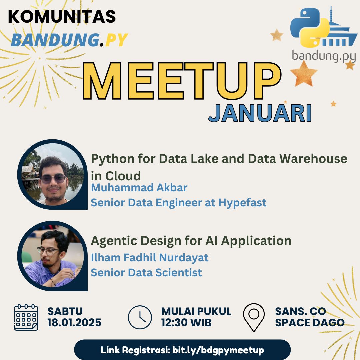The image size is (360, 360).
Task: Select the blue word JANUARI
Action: [260, 114]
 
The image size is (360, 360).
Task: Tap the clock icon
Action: [140, 317]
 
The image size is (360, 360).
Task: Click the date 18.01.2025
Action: [74, 323]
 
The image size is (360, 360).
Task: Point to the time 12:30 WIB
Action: [186, 323]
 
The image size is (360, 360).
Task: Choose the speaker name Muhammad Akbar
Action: [139, 188]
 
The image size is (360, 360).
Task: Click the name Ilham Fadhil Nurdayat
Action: [150, 258]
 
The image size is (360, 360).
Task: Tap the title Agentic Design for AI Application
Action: [191, 240]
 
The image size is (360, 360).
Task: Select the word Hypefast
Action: [242, 202]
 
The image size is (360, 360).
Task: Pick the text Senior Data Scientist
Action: [146, 272]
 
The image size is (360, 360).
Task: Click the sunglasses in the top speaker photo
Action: [53, 178]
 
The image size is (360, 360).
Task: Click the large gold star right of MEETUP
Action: [304, 74]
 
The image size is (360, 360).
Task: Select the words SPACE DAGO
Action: [310, 323]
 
